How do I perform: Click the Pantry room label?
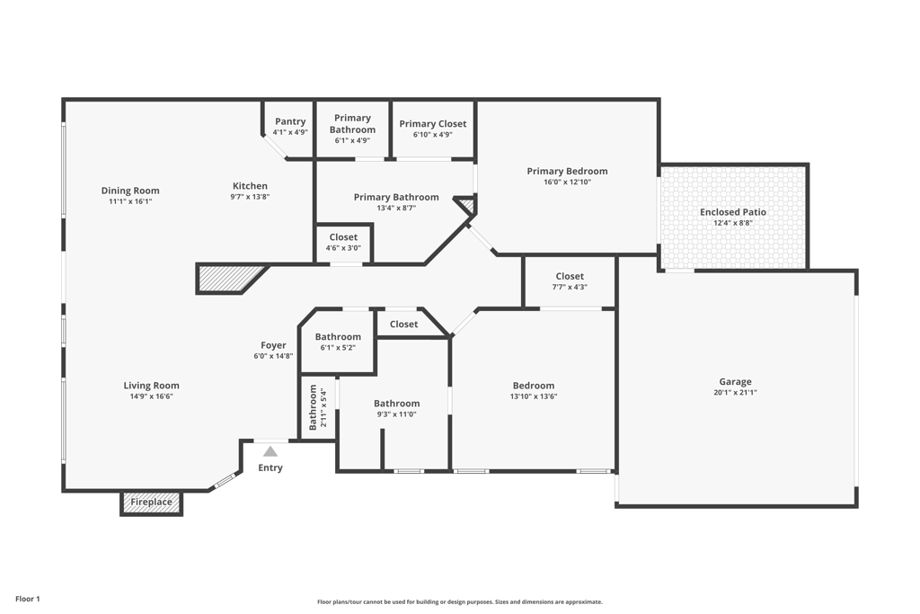(x=290, y=121)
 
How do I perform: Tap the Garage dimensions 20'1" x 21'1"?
(x=735, y=393)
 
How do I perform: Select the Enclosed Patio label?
(x=733, y=212)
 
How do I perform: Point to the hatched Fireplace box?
(x=151, y=503)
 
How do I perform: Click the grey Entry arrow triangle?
(x=270, y=451)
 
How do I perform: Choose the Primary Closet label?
(x=432, y=124)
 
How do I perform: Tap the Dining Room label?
(x=130, y=191)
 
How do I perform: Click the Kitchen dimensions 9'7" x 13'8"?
(x=250, y=197)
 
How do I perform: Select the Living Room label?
(x=151, y=386)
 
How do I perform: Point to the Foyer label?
(x=273, y=345)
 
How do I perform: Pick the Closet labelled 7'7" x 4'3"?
(x=570, y=277)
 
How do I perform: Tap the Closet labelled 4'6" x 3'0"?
(x=343, y=238)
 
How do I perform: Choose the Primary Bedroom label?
(x=567, y=171)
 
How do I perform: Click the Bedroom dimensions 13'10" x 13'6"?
(x=534, y=396)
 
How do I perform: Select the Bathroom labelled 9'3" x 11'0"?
(x=396, y=404)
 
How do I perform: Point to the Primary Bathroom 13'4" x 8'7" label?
(x=396, y=197)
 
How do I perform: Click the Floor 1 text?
(x=28, y=599)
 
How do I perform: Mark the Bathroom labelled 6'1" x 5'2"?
(x=338, y=337)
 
